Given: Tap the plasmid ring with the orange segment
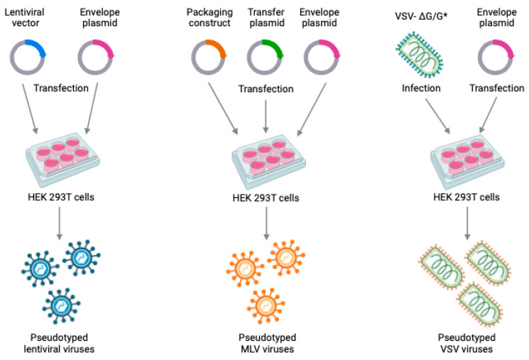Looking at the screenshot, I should point(209,57).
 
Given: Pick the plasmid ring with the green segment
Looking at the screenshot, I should point(266,57).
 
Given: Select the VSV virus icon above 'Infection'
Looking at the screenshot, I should point(422,57).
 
